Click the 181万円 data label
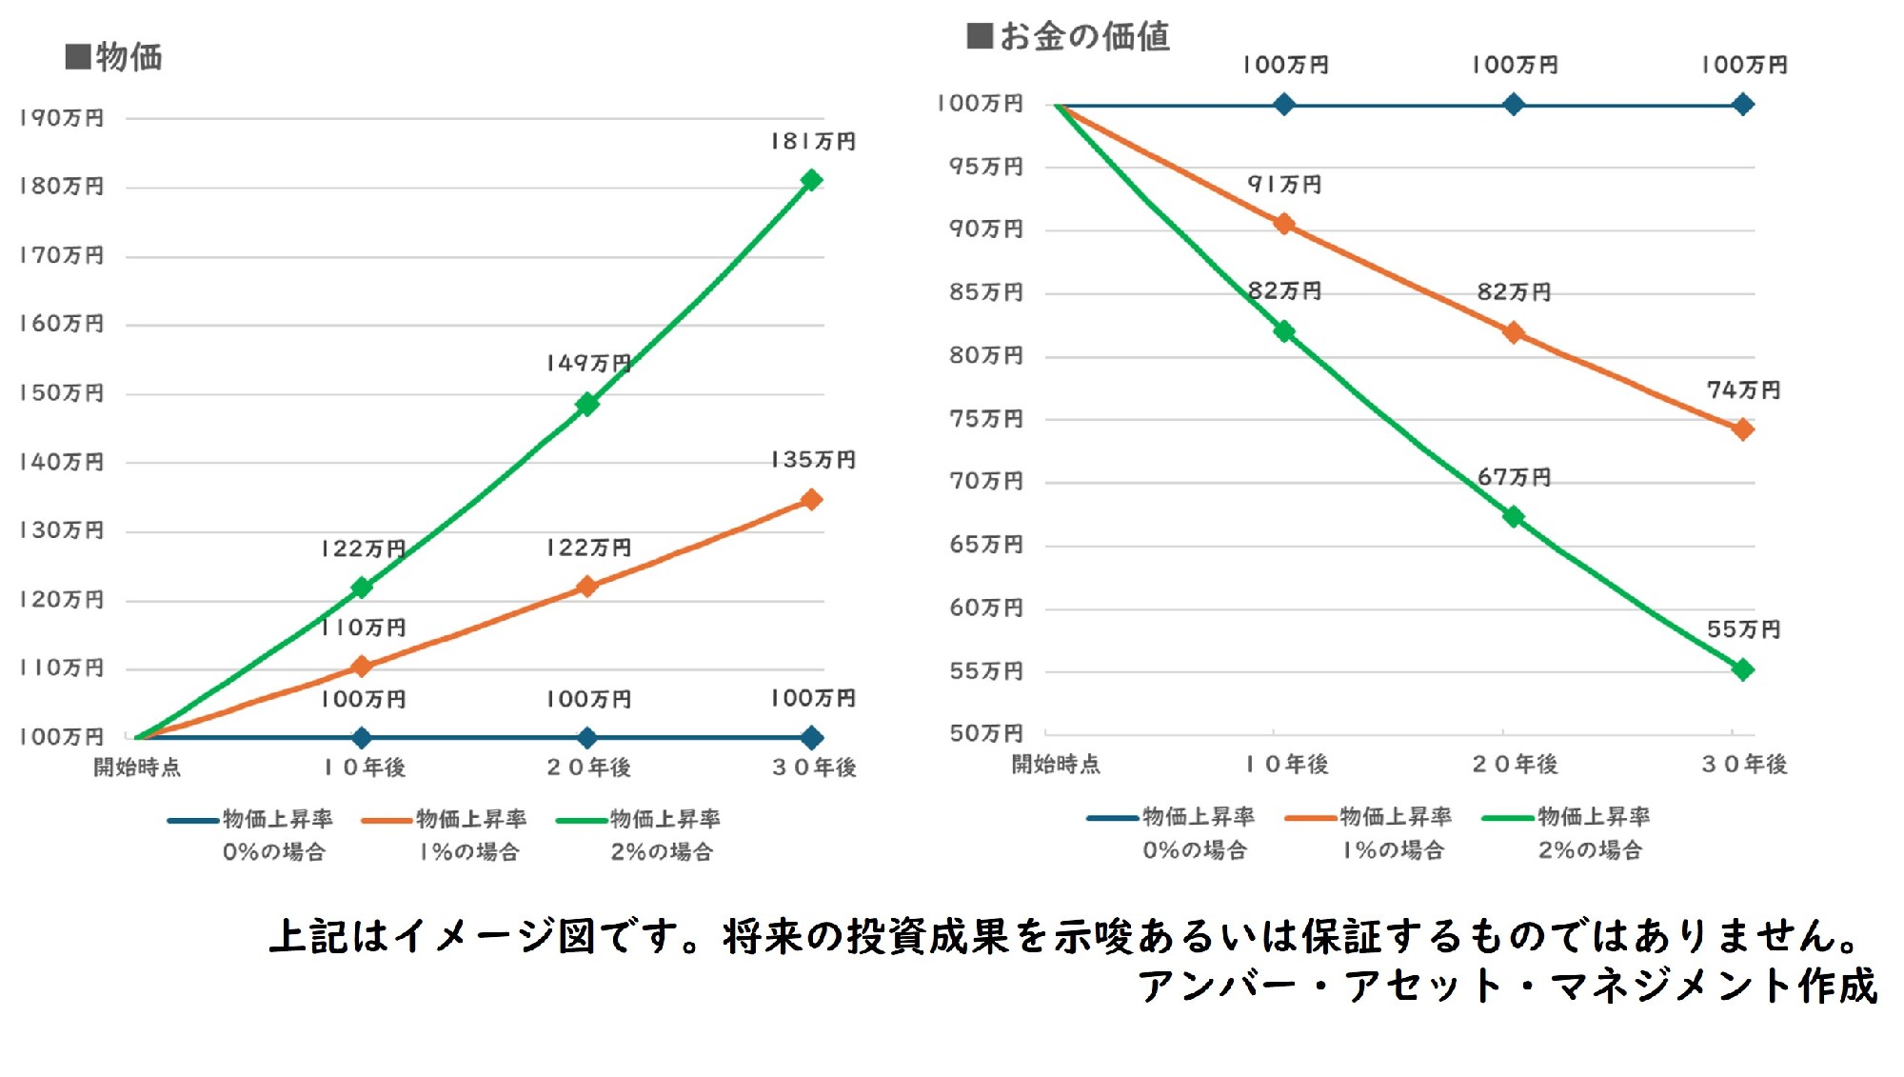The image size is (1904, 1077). [813, 142]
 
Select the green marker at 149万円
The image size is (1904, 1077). [587, 405]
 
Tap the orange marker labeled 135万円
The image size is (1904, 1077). [811, 500]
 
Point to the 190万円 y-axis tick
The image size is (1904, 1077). [62, 118]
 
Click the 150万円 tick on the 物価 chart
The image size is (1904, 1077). [62, 393]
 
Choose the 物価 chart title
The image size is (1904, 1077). [115, 57]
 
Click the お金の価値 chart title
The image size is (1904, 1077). [1069, 36]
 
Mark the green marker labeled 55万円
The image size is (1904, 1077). [1743, 670]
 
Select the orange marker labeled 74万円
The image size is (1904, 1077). [1743, 429]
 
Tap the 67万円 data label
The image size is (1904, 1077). [1514, 477]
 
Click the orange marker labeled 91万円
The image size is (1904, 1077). [1284, 224]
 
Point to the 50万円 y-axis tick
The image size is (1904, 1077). [986, 733]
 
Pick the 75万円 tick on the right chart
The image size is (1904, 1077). [986, 419]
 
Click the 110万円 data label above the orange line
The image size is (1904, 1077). [363, 628]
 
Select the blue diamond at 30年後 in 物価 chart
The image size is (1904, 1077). [812, 737]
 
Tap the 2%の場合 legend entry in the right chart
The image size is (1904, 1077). [1566, 832]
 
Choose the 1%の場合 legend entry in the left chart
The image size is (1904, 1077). [446, 834]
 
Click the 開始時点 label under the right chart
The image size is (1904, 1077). [1056, 764]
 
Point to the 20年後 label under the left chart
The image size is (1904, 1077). [588, 768]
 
